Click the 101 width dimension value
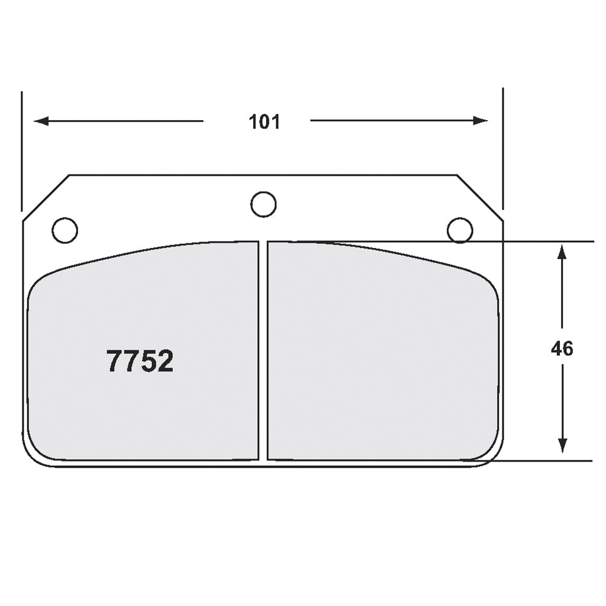coord(264,122)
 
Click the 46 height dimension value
coord(562,349)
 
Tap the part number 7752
coord(140,361)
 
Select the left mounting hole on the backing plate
coord(65,230)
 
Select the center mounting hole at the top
coord(263,205)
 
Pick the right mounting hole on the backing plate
coord(460,230)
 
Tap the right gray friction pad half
coord(382,355)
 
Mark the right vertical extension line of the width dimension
coord(503,148)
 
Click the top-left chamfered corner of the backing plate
coord(46,198)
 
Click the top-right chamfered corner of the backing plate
coord(480,198)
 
